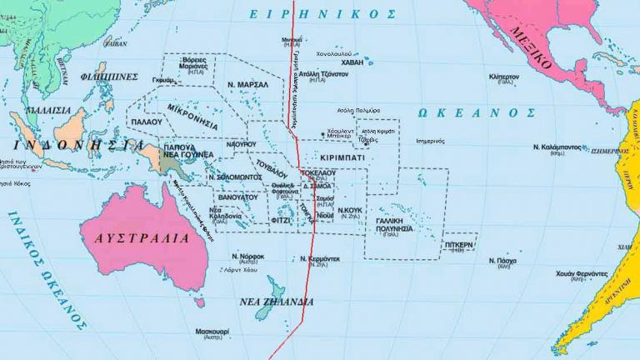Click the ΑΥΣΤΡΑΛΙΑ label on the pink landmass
click(x=142, y=237)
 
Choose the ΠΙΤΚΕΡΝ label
click(x=459, y=245)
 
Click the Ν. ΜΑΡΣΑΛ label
click(x=247, y=85)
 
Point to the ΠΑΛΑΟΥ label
click(x=147, y=122)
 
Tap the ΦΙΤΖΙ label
click(x=281, y=221)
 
